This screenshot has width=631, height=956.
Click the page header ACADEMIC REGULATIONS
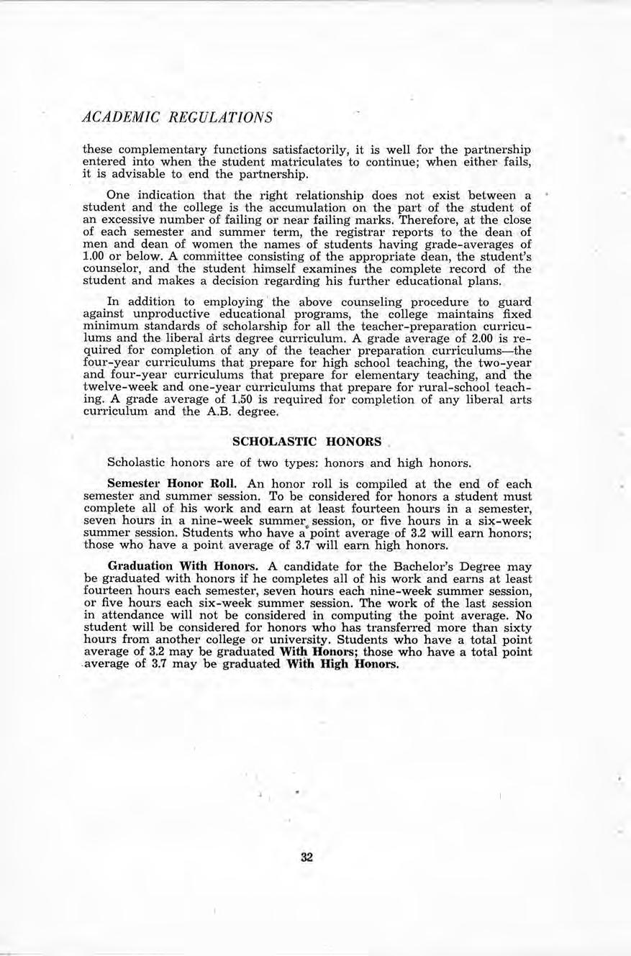point(178,117)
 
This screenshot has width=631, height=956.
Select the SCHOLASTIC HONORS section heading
point(307,440)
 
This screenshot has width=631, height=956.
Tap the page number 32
point(307,857)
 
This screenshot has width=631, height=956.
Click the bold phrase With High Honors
point(341,664)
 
